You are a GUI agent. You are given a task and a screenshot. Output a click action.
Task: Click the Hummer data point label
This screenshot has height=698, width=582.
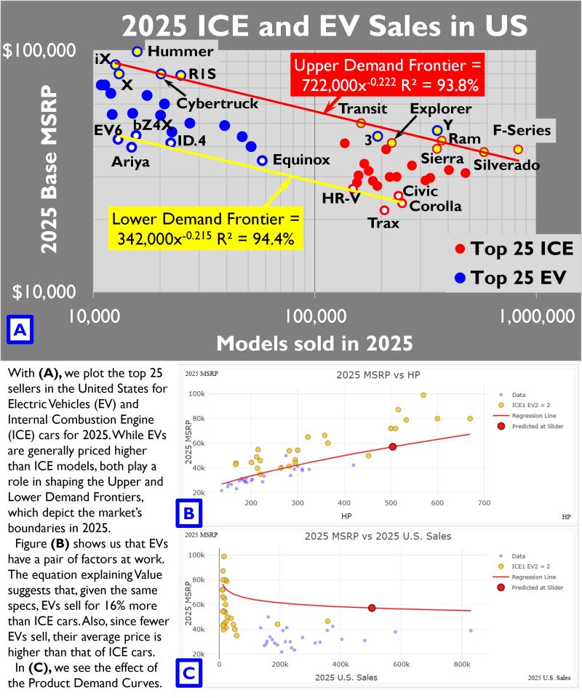pos(180,51)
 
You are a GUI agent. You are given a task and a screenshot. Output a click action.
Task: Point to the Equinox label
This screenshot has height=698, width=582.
pos(302,160)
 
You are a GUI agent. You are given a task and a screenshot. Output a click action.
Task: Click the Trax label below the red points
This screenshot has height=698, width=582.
pos(383,223)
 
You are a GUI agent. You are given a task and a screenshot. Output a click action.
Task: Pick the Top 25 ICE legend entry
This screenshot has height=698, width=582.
pos(522,249)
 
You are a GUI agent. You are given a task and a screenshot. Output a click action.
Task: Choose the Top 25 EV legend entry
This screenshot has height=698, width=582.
pos(517,277)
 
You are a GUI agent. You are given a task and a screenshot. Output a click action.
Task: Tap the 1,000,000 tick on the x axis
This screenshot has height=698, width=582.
pos(536,316)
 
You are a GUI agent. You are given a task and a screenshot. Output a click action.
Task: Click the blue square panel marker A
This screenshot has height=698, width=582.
pos(20,330)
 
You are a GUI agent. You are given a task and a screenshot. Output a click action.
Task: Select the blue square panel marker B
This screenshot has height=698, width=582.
pos(188,515)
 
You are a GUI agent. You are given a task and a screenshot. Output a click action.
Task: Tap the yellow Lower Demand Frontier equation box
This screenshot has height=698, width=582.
pos(206,229)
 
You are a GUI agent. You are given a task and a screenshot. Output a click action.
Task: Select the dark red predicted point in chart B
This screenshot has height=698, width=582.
pos(392,447)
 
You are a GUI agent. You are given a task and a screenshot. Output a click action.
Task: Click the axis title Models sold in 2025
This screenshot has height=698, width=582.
pos(314,342)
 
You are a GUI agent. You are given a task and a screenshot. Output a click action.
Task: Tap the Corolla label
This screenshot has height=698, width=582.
pos(436,206)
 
